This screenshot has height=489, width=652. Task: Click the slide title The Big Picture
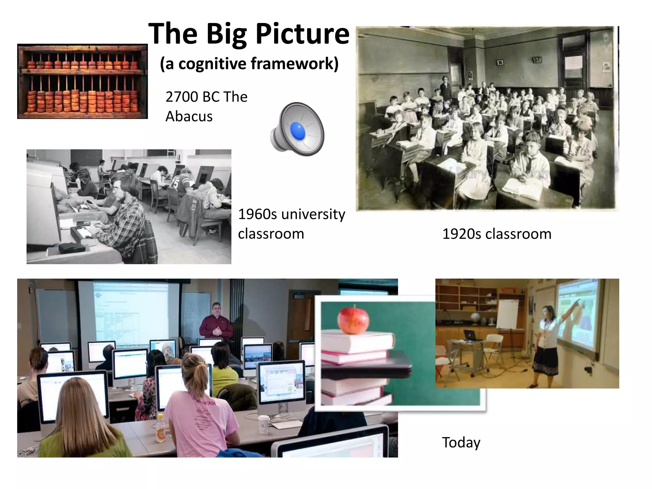(249, 34)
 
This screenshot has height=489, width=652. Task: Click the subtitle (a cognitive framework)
(249, 63)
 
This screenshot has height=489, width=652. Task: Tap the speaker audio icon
(297, 129)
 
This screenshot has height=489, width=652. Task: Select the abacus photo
(82, 81)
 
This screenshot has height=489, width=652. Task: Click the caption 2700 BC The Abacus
(206, 106)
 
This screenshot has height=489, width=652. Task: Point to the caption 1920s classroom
(497, 234)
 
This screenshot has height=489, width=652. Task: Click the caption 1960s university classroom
(291, 224)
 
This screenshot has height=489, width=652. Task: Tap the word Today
(461, 443)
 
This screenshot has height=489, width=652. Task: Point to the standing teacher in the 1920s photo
(445, 88)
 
